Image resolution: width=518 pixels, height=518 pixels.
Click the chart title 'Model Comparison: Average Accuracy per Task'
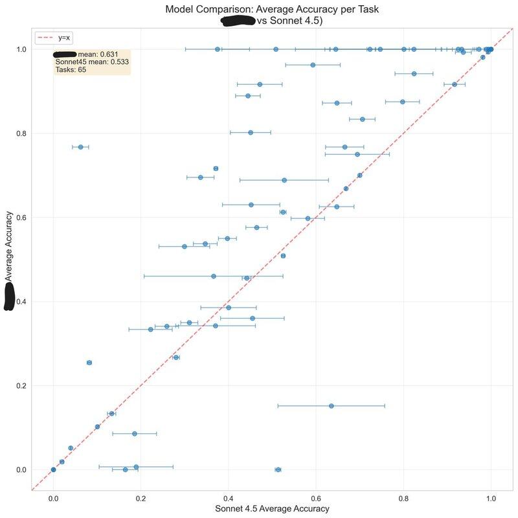[x=271, y=10]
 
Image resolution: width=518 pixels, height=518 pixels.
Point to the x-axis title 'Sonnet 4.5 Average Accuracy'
[x=272, y=509]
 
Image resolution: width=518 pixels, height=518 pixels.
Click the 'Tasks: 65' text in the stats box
[x=71, y=70]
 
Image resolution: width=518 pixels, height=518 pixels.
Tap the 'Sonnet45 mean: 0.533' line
[x=92, y=62]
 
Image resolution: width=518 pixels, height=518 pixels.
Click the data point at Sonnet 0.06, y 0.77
[x=80, y=147]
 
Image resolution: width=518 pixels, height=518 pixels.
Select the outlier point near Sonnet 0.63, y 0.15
[x=332, y=406]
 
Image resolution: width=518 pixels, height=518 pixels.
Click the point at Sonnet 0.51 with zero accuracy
[x=278, y=469]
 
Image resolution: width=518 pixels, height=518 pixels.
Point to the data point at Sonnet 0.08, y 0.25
[x=89, y=363]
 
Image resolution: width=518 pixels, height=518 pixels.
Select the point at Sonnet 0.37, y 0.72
[x=216, y=168]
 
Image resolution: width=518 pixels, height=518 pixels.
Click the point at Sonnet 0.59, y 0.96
[x=313, y=65]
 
